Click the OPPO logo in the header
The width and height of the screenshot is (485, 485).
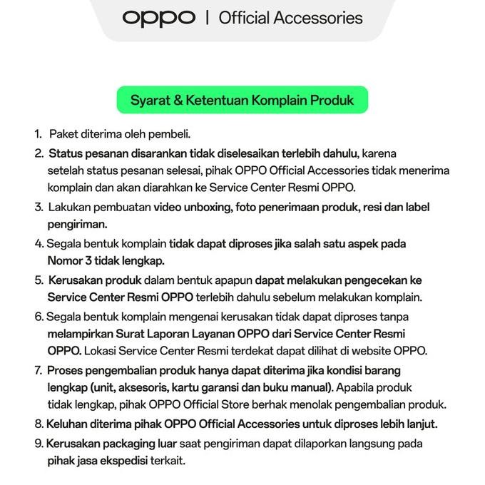point(158,17)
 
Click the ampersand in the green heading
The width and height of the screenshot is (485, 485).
point(178,101)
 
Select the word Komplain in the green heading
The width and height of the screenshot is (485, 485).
point(275,101)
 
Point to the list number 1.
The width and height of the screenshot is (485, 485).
point(37,134)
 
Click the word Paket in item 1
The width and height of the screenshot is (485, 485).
point(63,134)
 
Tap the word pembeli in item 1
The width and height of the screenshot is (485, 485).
point(170,134)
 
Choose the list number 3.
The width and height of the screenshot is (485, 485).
point(39,208)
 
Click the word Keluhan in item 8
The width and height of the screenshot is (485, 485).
point(68,424)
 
